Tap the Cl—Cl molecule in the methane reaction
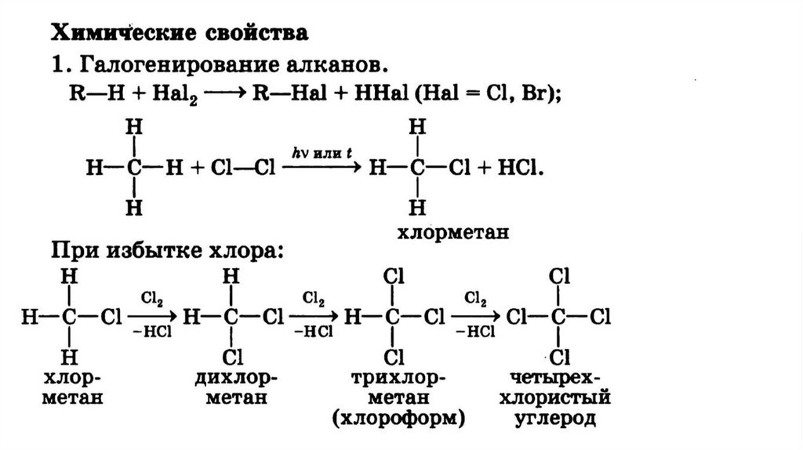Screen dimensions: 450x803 (238, 168)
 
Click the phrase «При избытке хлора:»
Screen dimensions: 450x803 (165, 252)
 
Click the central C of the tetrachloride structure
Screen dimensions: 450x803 (558, 318)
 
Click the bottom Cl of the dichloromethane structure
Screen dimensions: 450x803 (231, 358)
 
